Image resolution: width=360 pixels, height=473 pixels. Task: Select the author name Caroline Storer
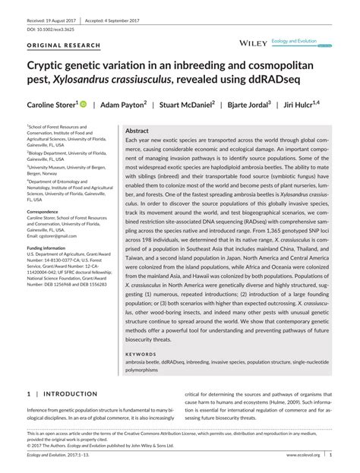point(51,106)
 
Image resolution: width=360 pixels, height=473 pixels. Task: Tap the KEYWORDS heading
point(141,353)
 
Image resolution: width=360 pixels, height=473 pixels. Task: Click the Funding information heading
point(47,248)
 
